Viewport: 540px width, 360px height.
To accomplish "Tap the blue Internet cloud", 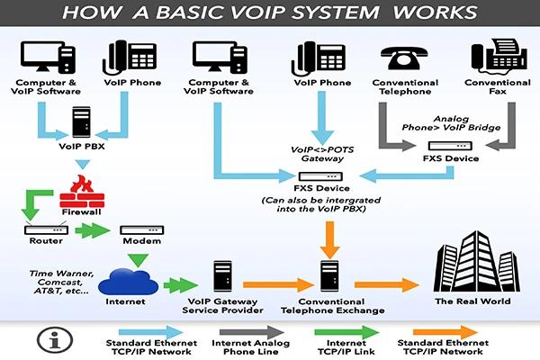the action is click(x=128, y=282).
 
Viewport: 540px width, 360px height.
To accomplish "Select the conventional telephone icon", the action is click(x=404, y=58).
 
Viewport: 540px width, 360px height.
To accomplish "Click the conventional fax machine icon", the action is click(x=499, y=56).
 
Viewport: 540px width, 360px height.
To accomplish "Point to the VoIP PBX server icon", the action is click(x=82, y=121).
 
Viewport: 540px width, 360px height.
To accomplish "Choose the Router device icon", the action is click(x=46, y=229).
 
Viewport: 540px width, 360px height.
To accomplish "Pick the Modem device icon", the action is click(x=141, y=229).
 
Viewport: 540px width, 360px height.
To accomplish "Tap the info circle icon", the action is click(x=55, y=339).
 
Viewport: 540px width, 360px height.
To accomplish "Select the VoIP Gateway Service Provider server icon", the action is click(x=222, y=276).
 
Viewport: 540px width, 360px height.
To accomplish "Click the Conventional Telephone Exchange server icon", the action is click(x=329, y=276).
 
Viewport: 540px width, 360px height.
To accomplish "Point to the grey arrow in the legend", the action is click(x=252, y=332).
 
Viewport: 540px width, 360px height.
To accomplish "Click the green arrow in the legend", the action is click(x=346, y=332).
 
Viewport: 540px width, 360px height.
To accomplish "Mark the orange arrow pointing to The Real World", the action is click(x=387, y=284).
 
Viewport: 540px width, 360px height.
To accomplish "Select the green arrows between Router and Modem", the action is click(x=93, y=230).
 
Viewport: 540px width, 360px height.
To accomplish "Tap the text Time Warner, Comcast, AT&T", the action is click(x=60, y=282).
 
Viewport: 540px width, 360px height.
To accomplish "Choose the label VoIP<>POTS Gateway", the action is click(x=322, y=154).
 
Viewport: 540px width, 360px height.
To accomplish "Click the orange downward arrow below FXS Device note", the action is click(x=329, y=239).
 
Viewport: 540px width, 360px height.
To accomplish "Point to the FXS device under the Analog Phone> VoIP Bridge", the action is click(x=450, y=146).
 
